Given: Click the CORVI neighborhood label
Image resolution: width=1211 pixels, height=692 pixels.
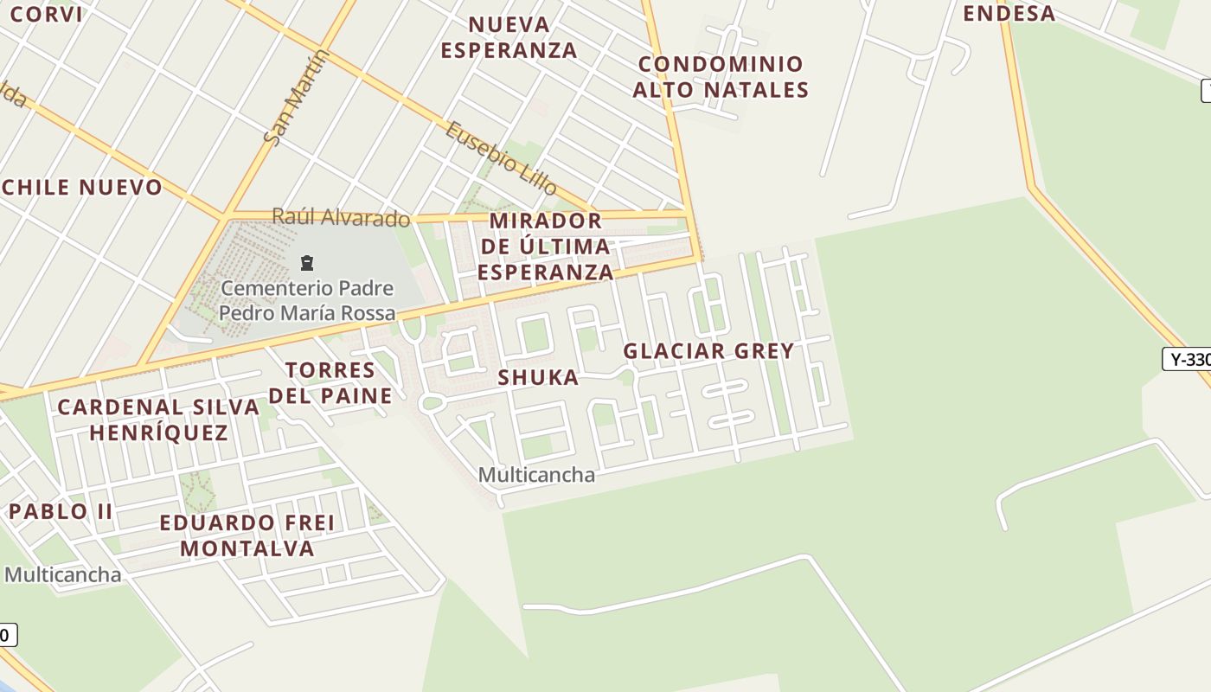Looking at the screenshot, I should [47, 14].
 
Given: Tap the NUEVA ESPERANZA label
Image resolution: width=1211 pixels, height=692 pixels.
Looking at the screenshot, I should [509, 37].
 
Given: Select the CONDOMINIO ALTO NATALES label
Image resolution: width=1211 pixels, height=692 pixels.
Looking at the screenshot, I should [721, 77].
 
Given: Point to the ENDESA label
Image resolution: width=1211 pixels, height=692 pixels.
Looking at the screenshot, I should [1009, 13].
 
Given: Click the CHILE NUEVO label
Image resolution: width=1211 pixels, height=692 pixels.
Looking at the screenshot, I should [82, 188].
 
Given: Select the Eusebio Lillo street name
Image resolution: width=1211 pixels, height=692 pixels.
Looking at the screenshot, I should [501, 158].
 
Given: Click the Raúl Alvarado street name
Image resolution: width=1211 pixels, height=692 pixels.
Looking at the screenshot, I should [341, 216].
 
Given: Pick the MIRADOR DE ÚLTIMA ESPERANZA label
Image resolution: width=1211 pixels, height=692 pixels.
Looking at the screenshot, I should [545, 247].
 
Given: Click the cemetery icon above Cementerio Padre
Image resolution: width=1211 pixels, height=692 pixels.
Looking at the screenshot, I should [306, 263].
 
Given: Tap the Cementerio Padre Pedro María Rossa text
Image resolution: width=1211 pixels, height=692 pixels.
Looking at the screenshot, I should [307, 300].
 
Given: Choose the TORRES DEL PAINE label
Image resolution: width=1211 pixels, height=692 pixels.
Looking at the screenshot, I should [330, 383].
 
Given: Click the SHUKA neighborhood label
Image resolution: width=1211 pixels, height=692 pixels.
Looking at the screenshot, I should [538, 377].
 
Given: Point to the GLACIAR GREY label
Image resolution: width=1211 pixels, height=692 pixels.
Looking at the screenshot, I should [708, 351].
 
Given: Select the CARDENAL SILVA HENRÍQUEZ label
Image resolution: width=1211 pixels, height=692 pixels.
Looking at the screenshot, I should [158, 420].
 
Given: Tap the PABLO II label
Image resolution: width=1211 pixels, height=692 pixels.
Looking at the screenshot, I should [61, 511].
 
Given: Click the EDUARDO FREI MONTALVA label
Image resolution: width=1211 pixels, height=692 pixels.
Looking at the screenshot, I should [247, 535].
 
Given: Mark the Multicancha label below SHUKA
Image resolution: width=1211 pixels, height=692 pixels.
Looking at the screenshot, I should [536, 475].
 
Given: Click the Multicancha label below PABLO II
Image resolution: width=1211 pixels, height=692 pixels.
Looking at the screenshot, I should [62, 574].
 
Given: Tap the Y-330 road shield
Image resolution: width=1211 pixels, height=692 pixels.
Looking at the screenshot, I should [1188, 359].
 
